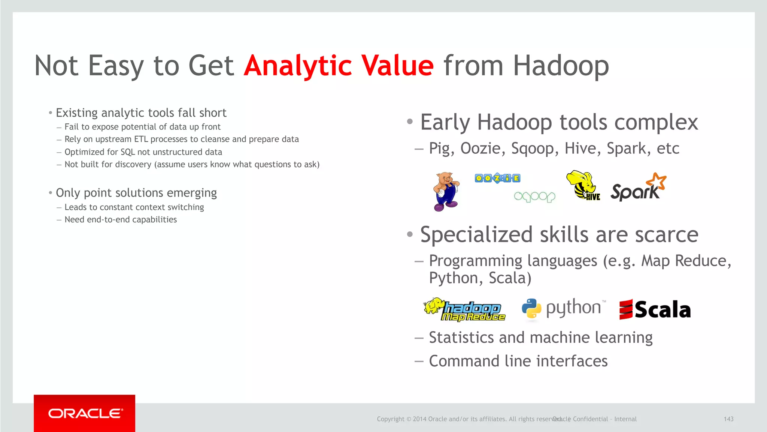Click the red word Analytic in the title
pyautogui.click(x=298, y=66)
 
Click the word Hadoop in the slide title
pyautogui.click(x=561, y=66)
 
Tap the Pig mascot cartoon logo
pyautogui.click(x=446, y=192)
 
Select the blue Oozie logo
pyautogui.click(x=497, y=178)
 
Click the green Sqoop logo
pyautogui.click(x=534, y=196)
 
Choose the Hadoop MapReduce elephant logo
pyautogui.click(x=464, y=310)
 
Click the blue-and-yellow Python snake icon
pyautogui.click(x=531, y=309)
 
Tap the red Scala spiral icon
pyautogui.click(x=626, y=310)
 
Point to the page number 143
pyautogui.click(x=728, y=419)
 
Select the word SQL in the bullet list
pyautogui.click(x=127, y=152)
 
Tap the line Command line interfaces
pyautogui.click(x=518, y=361)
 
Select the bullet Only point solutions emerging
pyautogui.click(x=136, y=193)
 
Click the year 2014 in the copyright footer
pyautogui.click(x=419, y=419)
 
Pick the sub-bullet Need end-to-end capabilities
pyautogui.click(x=121, y=220)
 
